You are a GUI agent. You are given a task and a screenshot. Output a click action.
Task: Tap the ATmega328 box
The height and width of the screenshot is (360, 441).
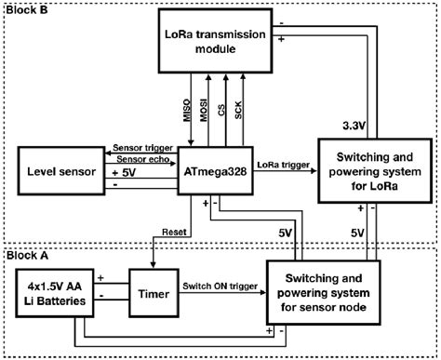point(215,171)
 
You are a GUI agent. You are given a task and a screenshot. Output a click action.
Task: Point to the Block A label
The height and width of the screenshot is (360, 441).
point(25,252)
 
